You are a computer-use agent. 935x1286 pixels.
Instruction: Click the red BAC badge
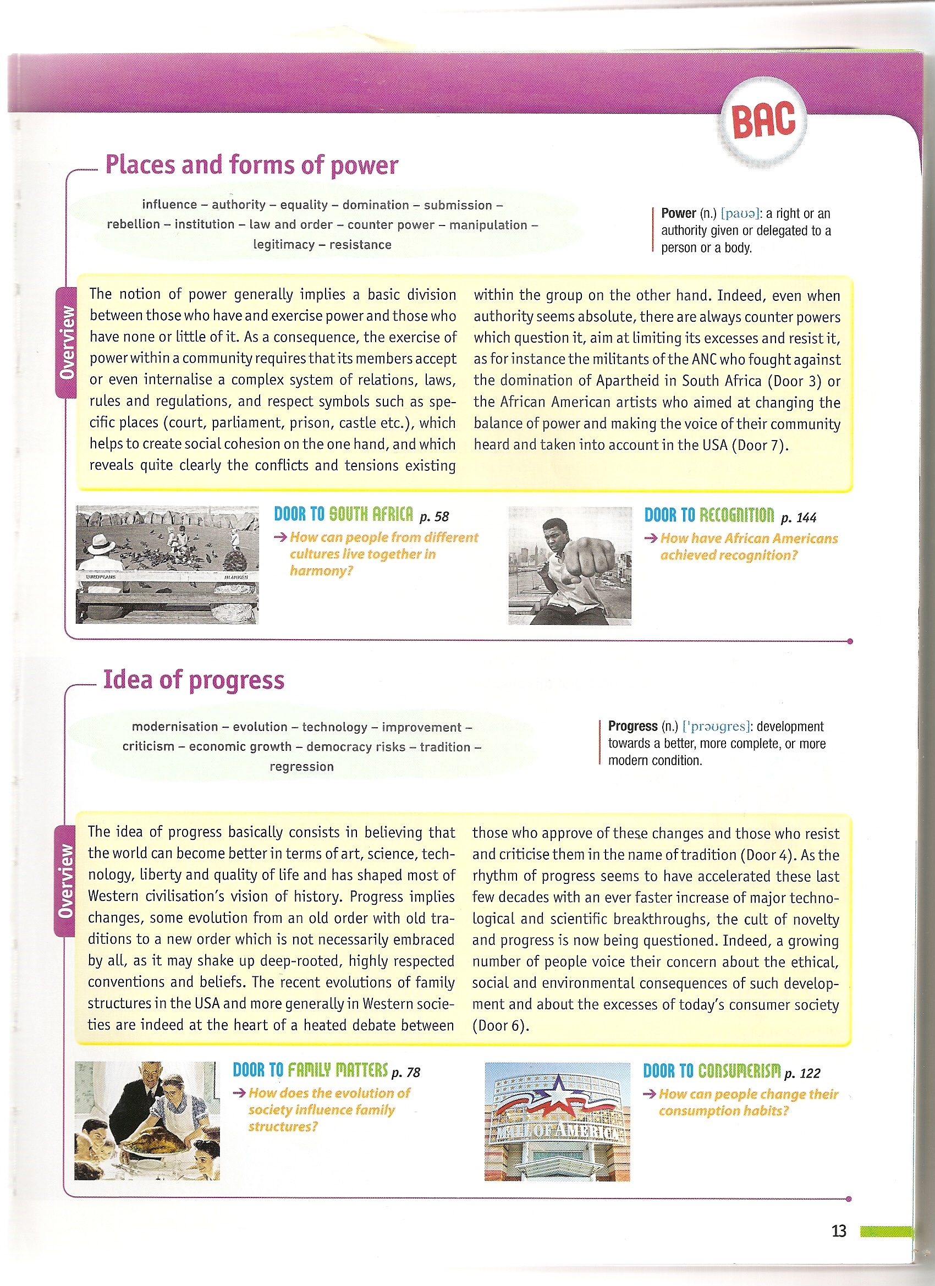pyautogui.click(x=763, y=120)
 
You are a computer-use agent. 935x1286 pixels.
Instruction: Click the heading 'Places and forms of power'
pyautogui.click(x=252, y=165)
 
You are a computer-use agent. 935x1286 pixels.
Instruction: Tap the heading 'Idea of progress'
pyautogui.click(x=194, y=679)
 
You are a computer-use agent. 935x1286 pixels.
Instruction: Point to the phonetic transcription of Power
pyautogui.click(x=740, y=214)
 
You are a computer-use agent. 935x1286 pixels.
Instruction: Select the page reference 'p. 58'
pyautogui.click(x=435, y=516)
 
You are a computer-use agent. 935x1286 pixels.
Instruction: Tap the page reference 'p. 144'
pyautogui.click(x=799, y=518)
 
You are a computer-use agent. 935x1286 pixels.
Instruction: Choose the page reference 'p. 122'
pyautogui.click(x=802, y=1073)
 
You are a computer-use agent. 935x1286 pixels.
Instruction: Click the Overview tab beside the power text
pyautogui.click(x=67, y=342)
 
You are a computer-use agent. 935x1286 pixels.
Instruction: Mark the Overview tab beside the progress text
pyautogui.click(x=65, y=881)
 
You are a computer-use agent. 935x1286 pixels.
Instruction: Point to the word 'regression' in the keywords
pyautogui.click(x=301, y=767)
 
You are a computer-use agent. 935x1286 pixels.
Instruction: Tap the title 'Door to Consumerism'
pyautogui.click(x=712, y=1070)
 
